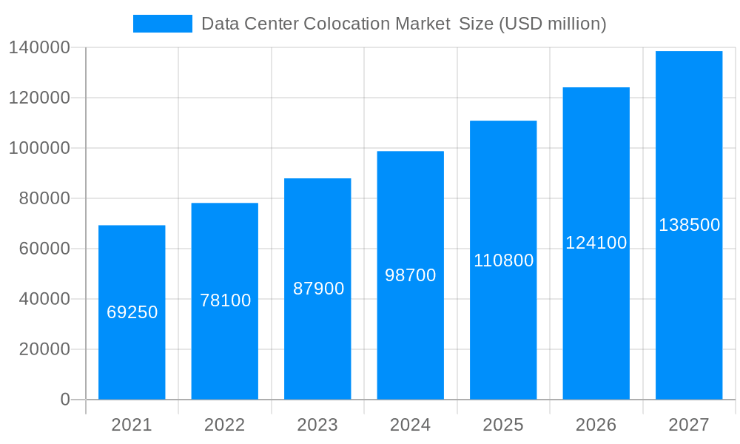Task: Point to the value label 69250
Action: (132, 312)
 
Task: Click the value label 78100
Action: (225, 300)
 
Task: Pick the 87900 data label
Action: (318, 289)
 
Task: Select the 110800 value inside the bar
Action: (503, 260)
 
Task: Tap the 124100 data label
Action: (596, 243)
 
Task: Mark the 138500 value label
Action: (689, 225)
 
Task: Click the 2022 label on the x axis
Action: (224, 425)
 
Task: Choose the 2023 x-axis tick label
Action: (317, 425)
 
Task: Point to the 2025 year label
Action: (503, 425)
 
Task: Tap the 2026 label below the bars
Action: (596, 425)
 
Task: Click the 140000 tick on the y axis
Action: (39, 48)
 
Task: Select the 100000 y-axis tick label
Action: (39, 148)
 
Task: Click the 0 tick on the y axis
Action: (65, 400)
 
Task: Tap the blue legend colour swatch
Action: (162, 24)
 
